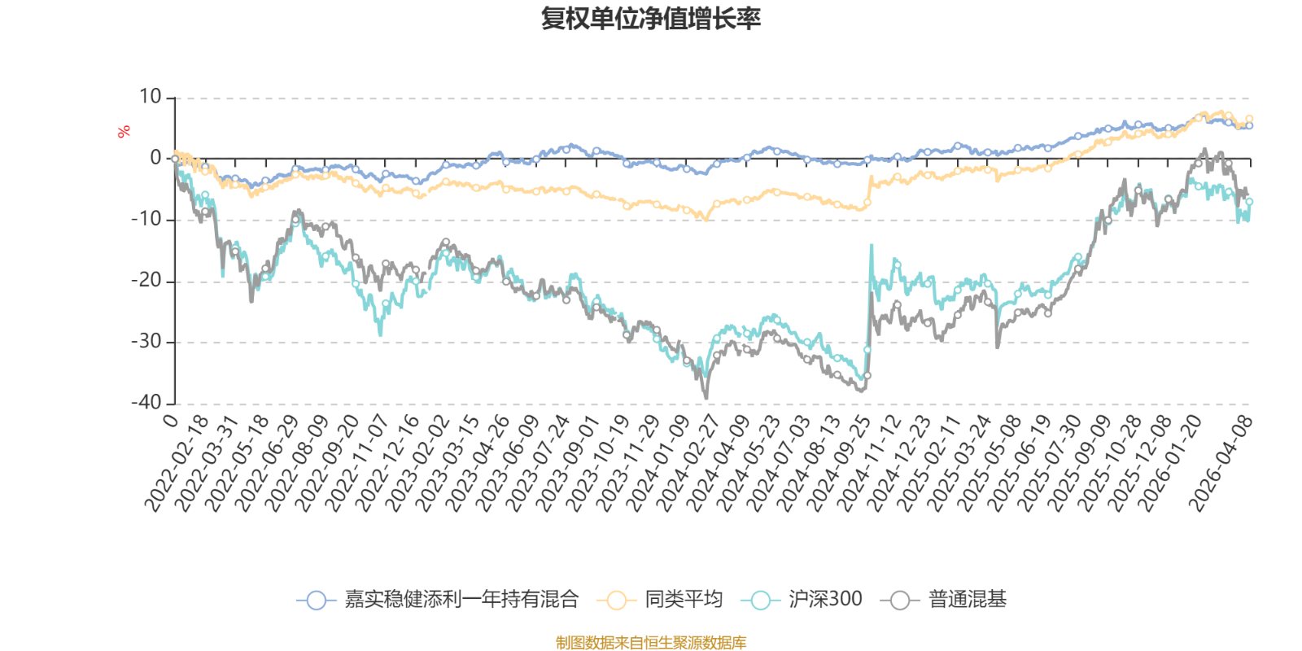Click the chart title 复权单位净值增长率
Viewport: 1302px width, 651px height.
coord(651,19)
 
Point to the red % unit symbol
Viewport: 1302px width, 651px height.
coord(124,131)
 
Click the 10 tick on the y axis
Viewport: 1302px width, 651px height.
coord(151,98)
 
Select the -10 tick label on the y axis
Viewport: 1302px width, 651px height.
coord(146,220)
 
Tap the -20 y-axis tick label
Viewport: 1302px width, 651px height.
coord(146,281)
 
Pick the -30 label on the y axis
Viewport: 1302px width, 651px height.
coord(146,342)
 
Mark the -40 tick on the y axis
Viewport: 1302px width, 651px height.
coord(146,403)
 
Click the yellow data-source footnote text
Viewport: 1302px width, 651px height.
coord(651,643)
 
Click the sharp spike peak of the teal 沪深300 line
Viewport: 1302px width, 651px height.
coord(872,244)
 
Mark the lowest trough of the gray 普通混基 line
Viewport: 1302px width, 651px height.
coord(706,398)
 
